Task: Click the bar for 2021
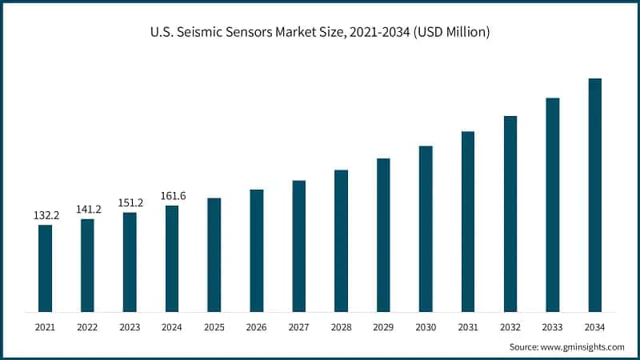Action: (45, 268)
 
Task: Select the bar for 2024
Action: (172, 258)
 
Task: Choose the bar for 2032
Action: (510, 214)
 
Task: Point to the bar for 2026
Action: (257, 250)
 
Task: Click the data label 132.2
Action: (45, 216)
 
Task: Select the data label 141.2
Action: (88, 210)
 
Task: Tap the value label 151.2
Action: (130, 202)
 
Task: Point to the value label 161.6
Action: (172, 196)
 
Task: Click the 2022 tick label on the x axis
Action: (87, 326)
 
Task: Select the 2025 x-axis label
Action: (214, 326)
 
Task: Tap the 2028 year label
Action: (341, 326)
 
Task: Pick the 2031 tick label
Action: (468, 326)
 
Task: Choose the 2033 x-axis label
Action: (552, 326)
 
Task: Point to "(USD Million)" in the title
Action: (450, 33)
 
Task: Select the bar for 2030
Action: (426, 229)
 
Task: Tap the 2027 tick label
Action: (298, 326)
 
